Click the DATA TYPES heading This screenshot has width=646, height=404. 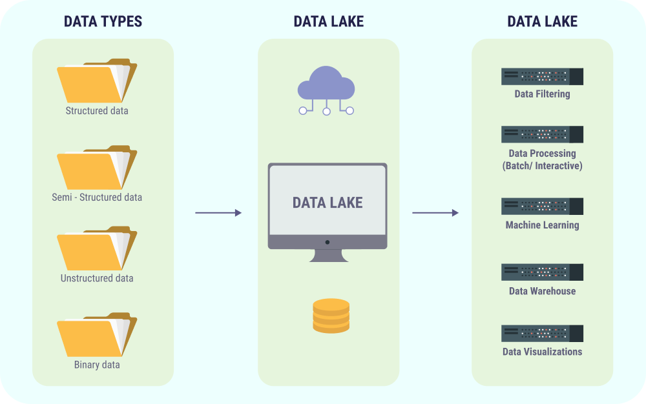coord(103,21)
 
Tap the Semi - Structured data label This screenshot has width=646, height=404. coord(97,197)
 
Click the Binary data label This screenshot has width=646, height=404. coord(97,365)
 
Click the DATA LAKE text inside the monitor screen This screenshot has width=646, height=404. coord(328,203)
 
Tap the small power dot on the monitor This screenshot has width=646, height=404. coord(328,242)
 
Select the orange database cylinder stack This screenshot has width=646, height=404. coord(331,316)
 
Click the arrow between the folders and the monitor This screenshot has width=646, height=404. coord(218,213)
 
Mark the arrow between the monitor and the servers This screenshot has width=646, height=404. coord(435,213)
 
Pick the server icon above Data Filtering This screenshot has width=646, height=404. coord(542,76)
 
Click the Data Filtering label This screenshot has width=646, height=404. coord(542,94)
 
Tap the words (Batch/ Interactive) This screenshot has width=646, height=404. coord(542,166)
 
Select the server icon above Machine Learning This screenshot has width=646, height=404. coord(542,207)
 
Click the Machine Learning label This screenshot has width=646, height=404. coord(542,225)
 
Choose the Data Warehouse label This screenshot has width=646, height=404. coord(542,291)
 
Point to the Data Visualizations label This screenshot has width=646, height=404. coord(542,352)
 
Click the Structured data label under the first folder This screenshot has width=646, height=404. coord(97,111)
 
